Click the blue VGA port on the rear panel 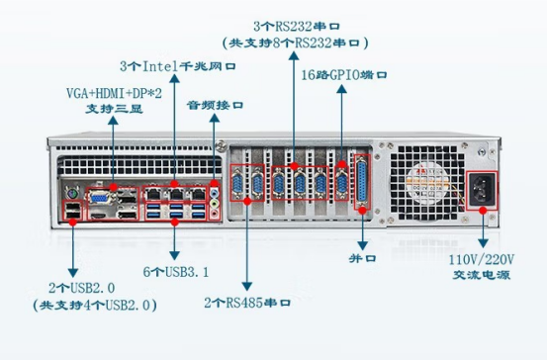tap(101, 194)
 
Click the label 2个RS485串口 tap(245, 301)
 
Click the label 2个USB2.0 tap(75, 289)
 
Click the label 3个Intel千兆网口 tap(177, 66)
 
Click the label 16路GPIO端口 tap(343, 74)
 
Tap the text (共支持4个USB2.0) tap(89, 306)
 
